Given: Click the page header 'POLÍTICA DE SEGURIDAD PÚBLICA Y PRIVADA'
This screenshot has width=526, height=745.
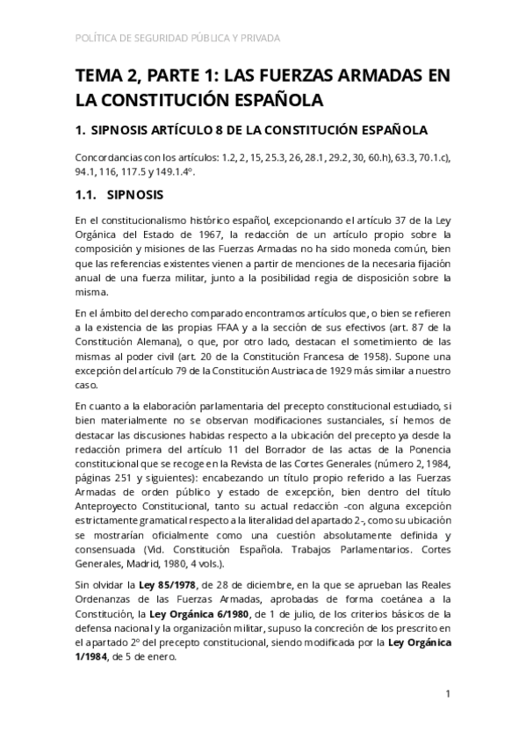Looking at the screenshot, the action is pyautogui.click(x=180, y=39).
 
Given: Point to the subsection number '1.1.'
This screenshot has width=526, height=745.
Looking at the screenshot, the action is pyautogui.click(x=90, y=193).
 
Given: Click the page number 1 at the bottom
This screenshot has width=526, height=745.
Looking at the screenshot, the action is pyautogui.click(x=448, y=694).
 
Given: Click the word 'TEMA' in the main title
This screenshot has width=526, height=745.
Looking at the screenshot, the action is pyautogui.click(x=100, y=76).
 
